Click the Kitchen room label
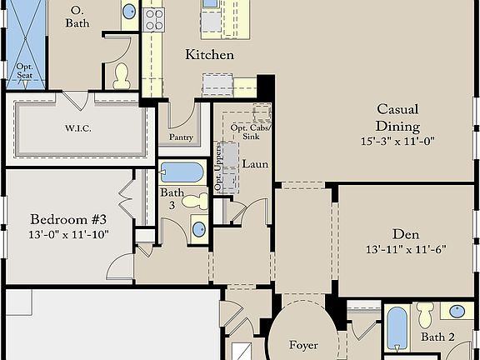coord(210,55)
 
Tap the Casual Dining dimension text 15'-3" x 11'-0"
coord(397,142)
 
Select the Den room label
coord(406,234)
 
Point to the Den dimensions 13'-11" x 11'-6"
coord(406,249)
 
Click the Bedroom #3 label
coord(68,219)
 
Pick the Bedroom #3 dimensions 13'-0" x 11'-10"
coord(68,234)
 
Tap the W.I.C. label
coord(77,128)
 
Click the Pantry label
coord(181,137)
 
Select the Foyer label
coord(303,345)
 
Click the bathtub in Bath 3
coord(182,172)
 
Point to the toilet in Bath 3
coord(195,201)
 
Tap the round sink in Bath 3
coord(199,229)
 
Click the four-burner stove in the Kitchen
coord(154,20)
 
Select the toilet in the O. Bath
coord(122,76)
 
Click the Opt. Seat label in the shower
coord(25,71)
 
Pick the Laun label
coord(255,164)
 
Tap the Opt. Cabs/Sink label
coord(250,132)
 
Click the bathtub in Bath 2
coord(397,328)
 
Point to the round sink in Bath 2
coord(457,312)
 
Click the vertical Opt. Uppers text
coord(217,167)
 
